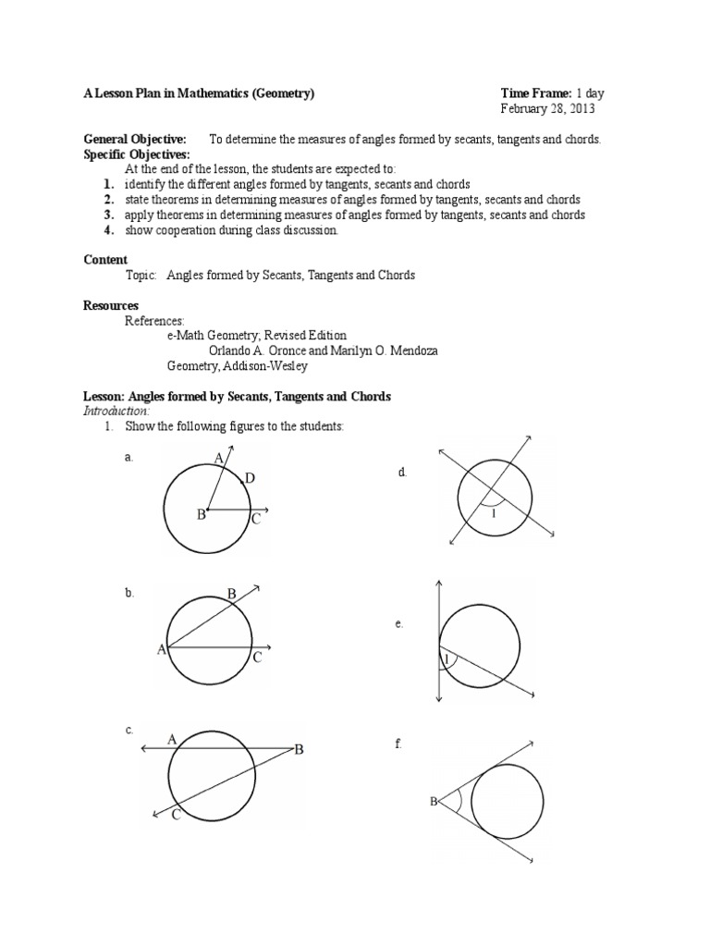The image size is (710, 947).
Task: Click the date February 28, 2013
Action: pyautogui.click(x=547, y=109)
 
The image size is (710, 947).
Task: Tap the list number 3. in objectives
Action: pyautogui.click(x=108, y=215)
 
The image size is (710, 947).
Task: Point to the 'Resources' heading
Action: pyautogui.click(x=111, y=305)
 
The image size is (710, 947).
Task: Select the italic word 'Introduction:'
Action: pyautogui.click(x=116, y=411)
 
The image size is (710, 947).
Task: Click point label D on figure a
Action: pyautogui.click(x=249, y=478)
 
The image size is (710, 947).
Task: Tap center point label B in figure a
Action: pyautogui.click(x=199, y=514)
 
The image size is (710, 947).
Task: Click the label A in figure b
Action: pyautogui.click(x=161, y=650)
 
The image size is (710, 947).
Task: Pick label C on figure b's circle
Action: pyautogui.click(x=258, y=658)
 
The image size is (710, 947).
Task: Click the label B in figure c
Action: pyautogui.click(x=299, y=750)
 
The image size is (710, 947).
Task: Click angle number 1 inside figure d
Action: pyautogui.click(x=494, y=513)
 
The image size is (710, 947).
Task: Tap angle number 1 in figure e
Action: pyautogui.click(x=447, y=659)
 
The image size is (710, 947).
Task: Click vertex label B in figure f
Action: pyautogui.click(x=432, y=801)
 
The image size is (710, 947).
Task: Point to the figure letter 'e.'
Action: pyautogui.click(x=398, y=624)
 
